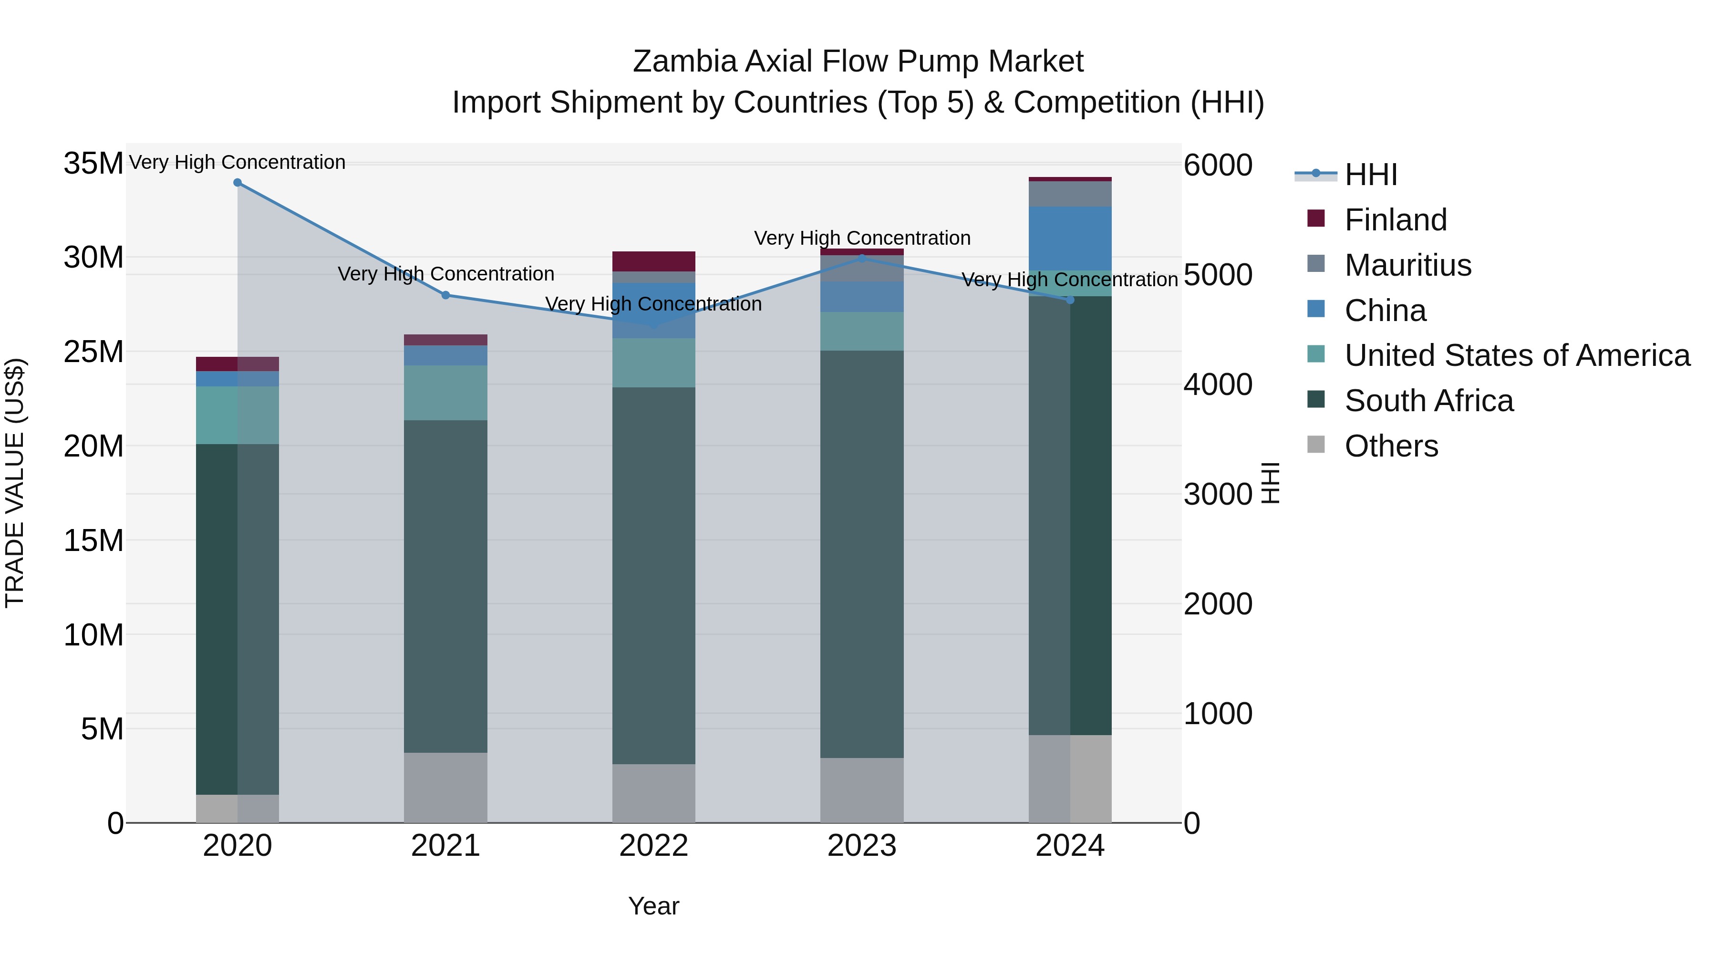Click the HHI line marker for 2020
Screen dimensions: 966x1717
tap(238, 183)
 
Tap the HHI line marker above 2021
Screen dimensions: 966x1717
tap(446, 295)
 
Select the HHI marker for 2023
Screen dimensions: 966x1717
tap(861, 258)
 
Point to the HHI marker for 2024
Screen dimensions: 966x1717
tap(1070, 300)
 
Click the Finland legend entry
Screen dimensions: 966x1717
tap(1395, 220)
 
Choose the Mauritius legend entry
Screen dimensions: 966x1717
tap(1407, 265)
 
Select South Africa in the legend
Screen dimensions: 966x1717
tap(1428, 401)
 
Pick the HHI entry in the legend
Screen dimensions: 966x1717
tap(1370, 175)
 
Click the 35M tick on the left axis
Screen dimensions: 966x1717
tap(93, 163)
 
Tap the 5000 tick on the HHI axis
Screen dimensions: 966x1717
tap(1217, 275)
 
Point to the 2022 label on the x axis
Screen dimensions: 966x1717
tap(653, 846)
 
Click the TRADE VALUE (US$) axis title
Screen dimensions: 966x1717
tap(15, 483)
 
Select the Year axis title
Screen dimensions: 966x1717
tap(653, 906)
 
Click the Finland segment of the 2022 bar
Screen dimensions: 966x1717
tap(653, 261)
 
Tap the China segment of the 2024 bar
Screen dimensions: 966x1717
tap(1070, 238)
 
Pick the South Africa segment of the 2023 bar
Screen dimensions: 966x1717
tap(861, 553)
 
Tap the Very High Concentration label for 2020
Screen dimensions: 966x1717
tap(238, 162)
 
